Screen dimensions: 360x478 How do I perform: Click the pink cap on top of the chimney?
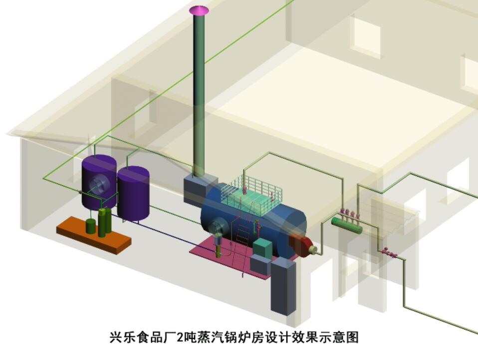(x=199, y=10)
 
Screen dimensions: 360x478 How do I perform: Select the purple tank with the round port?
(x=98, y=182)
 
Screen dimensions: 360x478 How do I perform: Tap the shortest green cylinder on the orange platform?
(x=90, y=226)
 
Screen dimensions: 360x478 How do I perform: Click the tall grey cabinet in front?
(x=283, y=287)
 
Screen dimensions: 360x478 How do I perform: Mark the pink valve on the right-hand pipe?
(x=388, y=253)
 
